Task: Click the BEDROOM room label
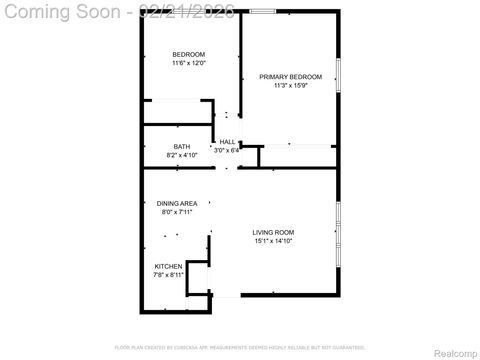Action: pos(188,54)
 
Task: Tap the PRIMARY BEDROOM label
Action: pos(290,77)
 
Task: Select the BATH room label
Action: pos(181,147)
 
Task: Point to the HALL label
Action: pos(227,142)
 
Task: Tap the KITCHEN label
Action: pos(168,266)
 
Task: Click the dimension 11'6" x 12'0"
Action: pos(188,63)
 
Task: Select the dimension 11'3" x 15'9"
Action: pos(290,86)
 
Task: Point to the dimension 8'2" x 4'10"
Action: pos(181,155)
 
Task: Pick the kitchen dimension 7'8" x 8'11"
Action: pos(168,275)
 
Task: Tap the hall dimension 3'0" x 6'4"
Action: pos(227,151)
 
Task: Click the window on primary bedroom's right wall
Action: pos(338,78)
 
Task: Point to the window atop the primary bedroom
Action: pos(264,11)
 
